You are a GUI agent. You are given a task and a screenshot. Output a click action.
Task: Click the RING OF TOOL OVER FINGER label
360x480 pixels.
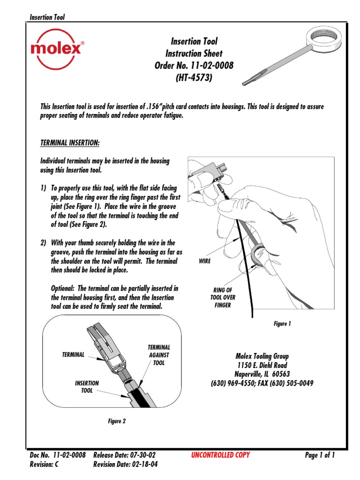(223, 298)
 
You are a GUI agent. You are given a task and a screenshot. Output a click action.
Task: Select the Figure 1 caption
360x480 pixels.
(282, 323)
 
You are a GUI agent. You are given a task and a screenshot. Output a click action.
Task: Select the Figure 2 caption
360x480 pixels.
(117, 421)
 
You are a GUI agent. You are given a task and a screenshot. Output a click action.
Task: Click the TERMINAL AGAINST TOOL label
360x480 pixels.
(159, 355)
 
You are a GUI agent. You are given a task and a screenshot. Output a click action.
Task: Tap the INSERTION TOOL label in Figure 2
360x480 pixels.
(87, 387)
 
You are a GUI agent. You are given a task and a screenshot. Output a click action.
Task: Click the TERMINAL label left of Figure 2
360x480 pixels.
(73, 355)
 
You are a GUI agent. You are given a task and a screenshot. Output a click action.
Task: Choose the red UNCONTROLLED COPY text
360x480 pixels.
(220, 455)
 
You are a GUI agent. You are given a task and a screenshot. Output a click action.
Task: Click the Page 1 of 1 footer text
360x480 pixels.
(320, 455)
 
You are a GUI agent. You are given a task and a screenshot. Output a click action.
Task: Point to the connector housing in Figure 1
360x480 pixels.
(211, 173)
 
